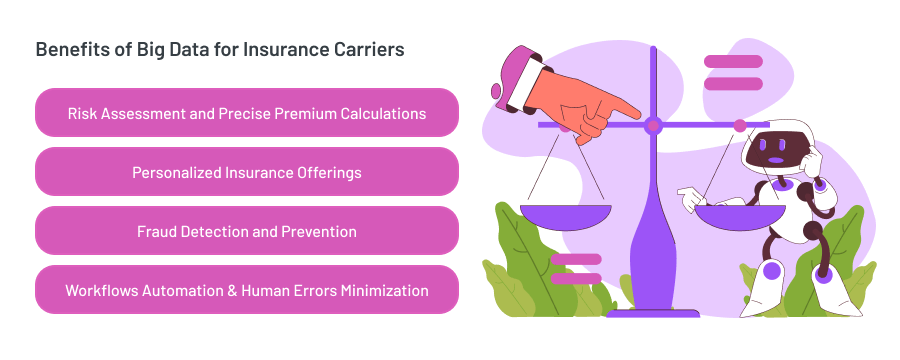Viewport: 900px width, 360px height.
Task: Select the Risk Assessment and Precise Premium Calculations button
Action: tap(247, 113)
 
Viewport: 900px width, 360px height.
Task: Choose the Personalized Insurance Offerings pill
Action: tap(247, 172)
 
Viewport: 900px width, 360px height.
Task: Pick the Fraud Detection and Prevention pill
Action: tap(247, 231)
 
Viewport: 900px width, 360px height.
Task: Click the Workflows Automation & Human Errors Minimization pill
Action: tap(247, 290)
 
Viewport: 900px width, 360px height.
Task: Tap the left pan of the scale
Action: tap(565, 214)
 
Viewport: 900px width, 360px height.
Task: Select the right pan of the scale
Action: tap(741, 214)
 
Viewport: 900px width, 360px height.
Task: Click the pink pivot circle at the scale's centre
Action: tap(653, 126)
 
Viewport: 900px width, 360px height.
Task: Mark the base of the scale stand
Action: tap(653, 310)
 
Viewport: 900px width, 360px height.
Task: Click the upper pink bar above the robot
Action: tap(733, 62)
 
